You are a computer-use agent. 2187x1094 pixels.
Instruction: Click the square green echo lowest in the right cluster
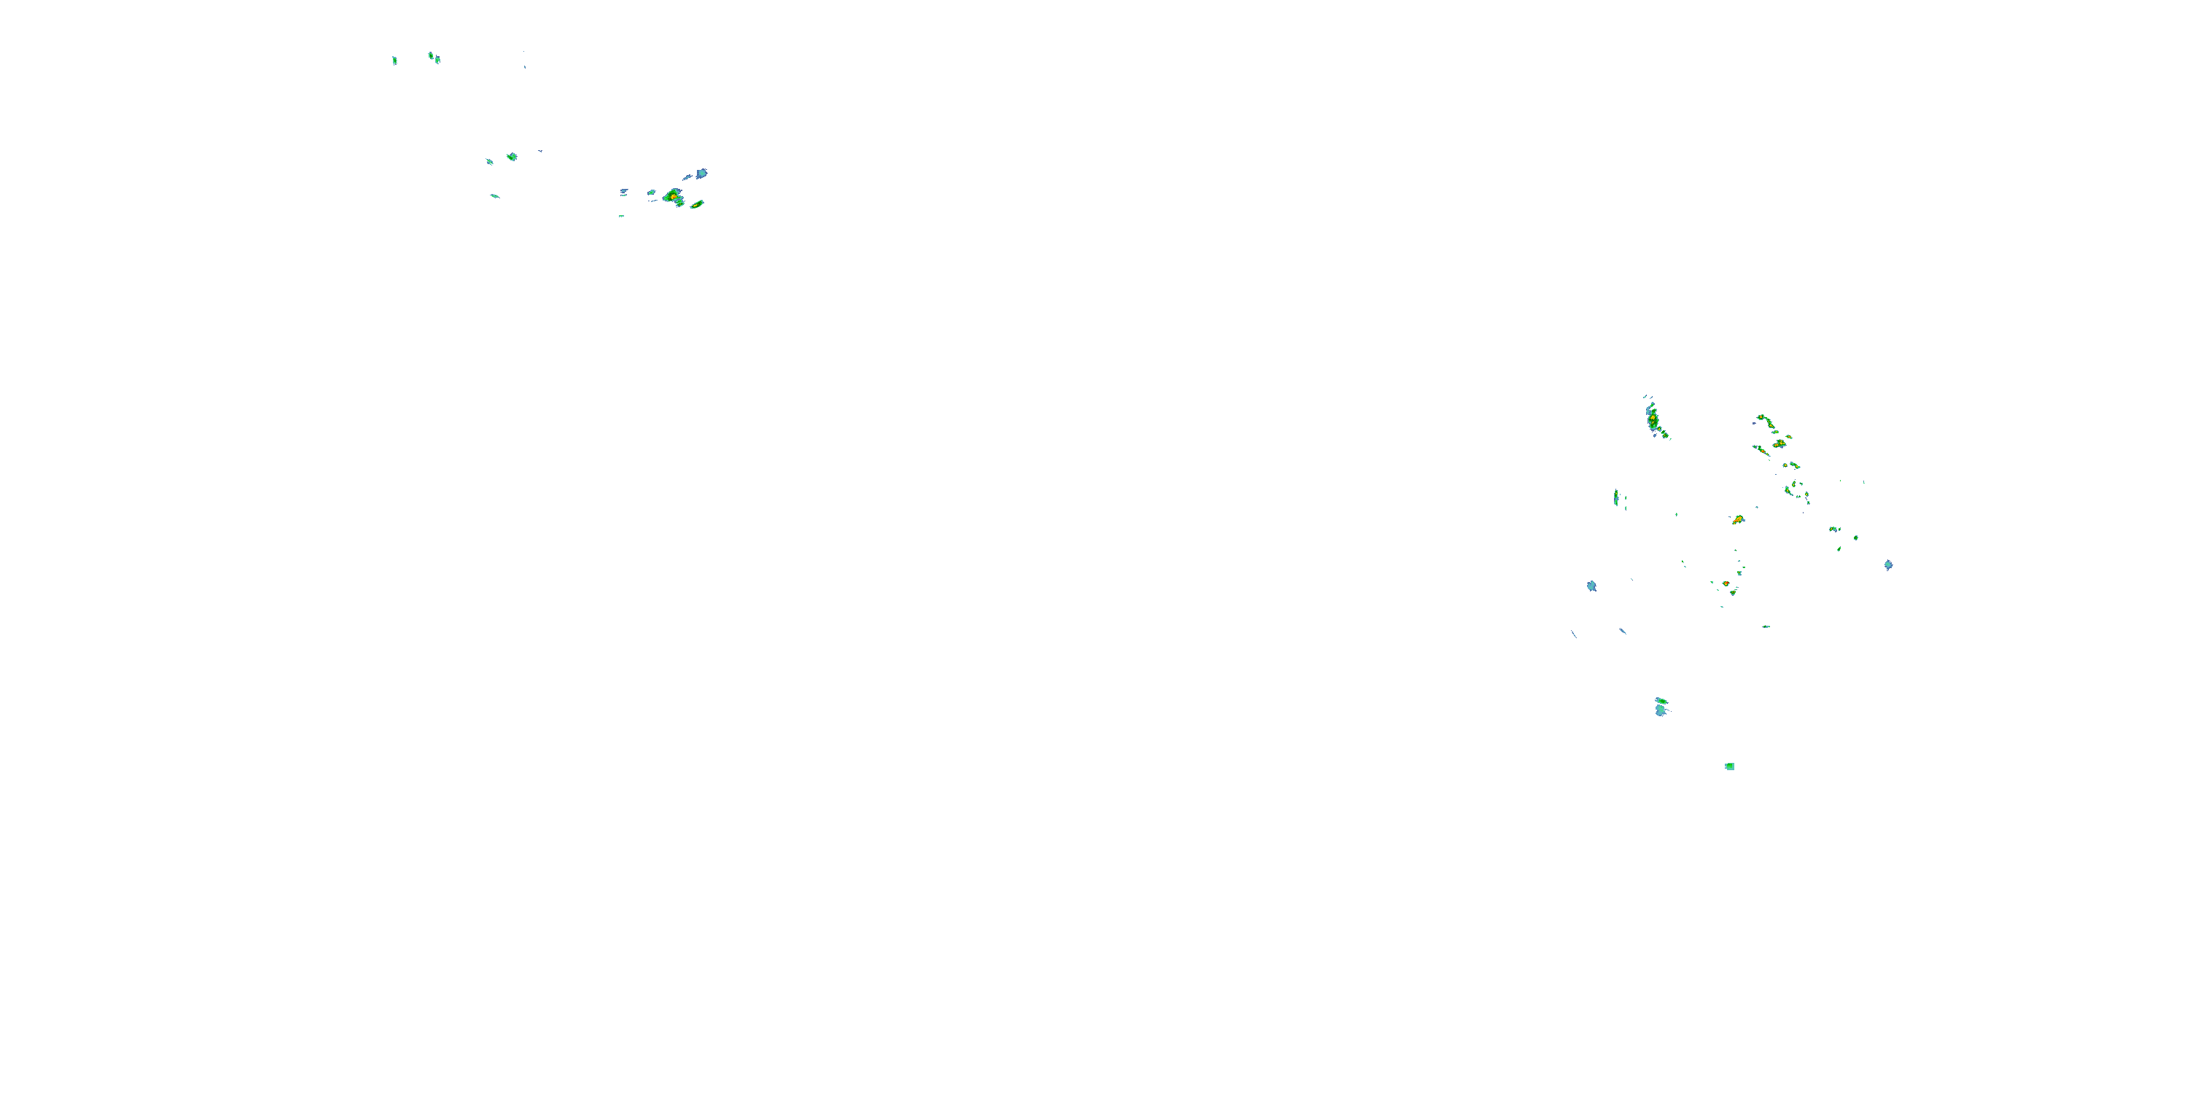pyautogui.click(x=1729, y=766)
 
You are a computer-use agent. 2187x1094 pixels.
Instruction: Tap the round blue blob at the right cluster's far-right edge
pyautogui.click(x=1888, y=565)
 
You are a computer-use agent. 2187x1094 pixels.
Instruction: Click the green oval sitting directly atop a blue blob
pyautogui.click(x=1661, y=701)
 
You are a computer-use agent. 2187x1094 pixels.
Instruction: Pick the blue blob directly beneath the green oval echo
pyautogui.click(x=1661, y=711)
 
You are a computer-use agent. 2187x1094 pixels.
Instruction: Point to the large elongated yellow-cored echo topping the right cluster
pyautogui.click(x=1654, y=420)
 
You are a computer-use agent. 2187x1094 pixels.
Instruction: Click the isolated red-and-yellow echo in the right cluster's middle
pyautogui.click(x=1738, y=519)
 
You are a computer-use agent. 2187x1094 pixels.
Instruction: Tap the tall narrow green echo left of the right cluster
pyautogui.click(x=1615, y=497)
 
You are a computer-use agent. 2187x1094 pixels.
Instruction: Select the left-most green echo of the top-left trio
pyautogui.click(x=394, y=61)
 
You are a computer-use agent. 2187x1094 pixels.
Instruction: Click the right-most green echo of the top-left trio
pyautogui.click(x=437, y=60)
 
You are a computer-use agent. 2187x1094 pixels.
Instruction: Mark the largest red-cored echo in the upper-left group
pyautogui.click(x=674, y=196)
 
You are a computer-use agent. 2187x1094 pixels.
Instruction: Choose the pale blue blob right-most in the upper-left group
pyautogui.click(x=701, y=174)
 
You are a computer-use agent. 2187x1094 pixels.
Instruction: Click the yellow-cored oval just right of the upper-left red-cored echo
pyautogui.click(x=697, y=204)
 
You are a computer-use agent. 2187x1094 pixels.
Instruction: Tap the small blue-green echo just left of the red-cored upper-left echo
pyautogui.click(x=651, y=193)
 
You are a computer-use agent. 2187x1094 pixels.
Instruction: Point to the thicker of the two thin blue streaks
pyautogui.click(x=1623, y=631)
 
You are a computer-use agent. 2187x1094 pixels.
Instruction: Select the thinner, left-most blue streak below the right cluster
pyautogui.click(x=1574, y=634)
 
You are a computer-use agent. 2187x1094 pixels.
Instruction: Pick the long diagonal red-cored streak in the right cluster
pyautogui.click(x=1763, y=450)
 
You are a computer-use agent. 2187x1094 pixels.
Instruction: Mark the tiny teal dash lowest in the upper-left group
pyautogui.click(x=621, y=216)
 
